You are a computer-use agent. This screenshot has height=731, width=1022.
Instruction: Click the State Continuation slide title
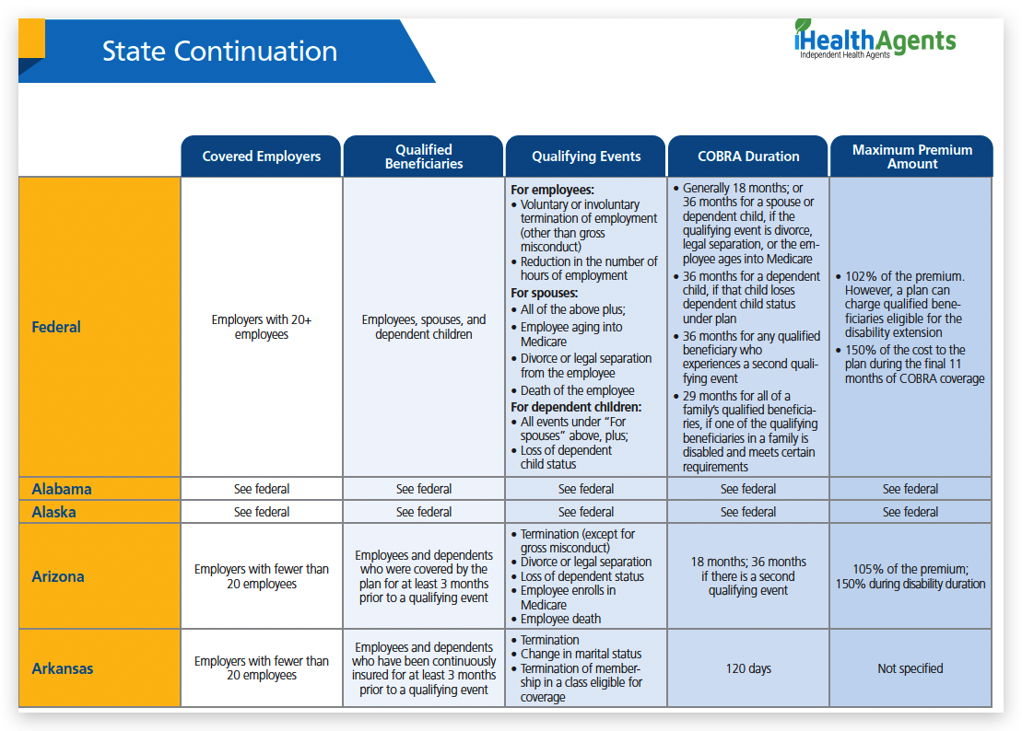pos(219,51)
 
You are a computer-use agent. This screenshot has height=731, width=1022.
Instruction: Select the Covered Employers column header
pos(262,157)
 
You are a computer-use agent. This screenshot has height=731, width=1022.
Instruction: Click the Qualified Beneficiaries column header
pos(424,157)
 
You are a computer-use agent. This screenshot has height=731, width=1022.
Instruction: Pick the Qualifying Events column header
pos(586,157)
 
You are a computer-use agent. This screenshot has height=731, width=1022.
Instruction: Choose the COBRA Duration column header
pos(748,157)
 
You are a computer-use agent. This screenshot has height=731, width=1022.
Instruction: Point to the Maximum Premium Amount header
pos(910,157)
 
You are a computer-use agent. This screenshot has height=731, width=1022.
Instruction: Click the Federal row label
pos(56,327)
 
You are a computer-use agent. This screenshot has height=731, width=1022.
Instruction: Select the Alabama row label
pos(62,489)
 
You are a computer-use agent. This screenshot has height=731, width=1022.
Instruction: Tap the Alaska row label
pos(53,512)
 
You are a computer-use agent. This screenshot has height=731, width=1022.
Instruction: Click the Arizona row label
pos(58,576)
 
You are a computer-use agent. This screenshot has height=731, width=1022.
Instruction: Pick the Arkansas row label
pos(63,668)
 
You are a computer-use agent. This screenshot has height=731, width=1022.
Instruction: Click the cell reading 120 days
pos(748,668)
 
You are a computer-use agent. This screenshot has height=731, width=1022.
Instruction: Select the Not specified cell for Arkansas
pos(910,668)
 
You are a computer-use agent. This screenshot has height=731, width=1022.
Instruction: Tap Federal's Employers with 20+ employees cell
pos(262,327)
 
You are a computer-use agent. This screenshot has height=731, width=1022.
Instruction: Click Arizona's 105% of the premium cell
pos(910,576)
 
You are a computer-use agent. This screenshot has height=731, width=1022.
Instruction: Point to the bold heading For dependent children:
pos(576,407)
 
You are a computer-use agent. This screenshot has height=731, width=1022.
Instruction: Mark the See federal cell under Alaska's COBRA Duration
pos(748,512)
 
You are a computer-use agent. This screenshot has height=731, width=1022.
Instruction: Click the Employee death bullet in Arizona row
pos(562,620)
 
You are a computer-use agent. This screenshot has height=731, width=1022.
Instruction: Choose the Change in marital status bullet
pos(581,655)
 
